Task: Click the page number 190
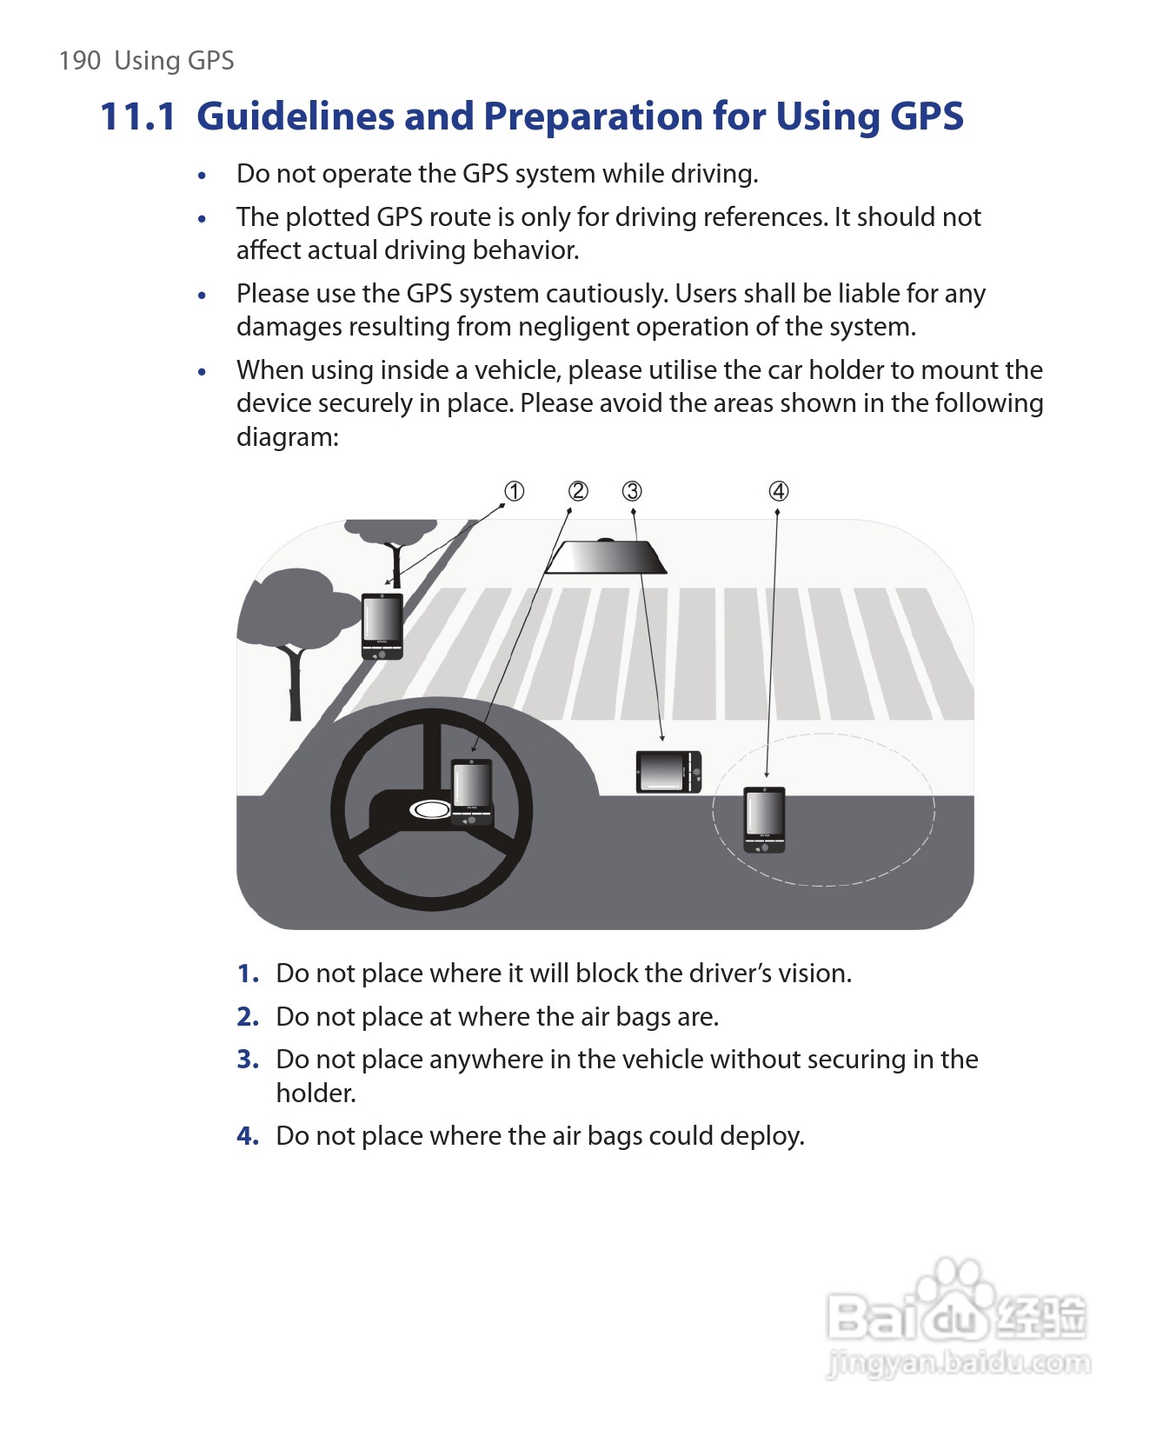pyautogui.click(x=80, y=61)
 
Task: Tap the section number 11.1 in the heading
pyautogui.click(x=138, y=116)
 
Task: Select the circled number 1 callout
pyautogui.click(x=515, y=492)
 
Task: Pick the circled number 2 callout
pyautogui.click(x=578, y=492)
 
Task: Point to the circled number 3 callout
pyautogui.click(x=632, y=492)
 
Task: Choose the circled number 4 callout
pyautogui.click(x=779, y=492)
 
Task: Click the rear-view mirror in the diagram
pyautogui.click(x=607, y=557)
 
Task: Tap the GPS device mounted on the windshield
pyautogui.click(x=382, y=626)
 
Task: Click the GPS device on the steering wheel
pyautogui.click(x=472, y=792)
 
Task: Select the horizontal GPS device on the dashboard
pyautogui.click(x=668, y=772)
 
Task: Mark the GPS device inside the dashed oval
pyautogui.click(x=764, y=820)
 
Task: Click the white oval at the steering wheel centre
pyautogui.click(x=429, y=810)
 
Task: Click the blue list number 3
pyautogui.click(x=248, y=1060)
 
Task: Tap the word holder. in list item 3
pyautogui.click(x=316, y=1093)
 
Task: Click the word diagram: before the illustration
pyautogui.click(x=288, y=437)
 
